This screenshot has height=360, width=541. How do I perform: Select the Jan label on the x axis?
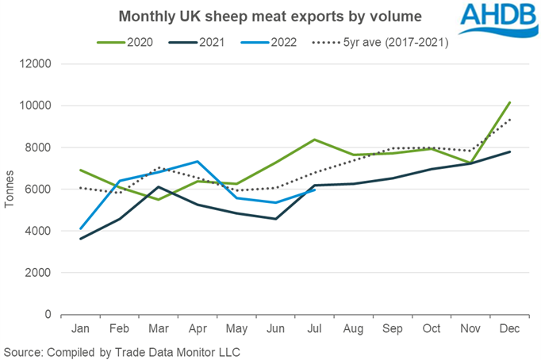click(80, 327)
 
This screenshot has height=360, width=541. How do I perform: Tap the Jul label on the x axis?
click(316, 327)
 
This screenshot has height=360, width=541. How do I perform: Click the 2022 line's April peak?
click(198, 162)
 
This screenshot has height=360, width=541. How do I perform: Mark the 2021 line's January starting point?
click(80, 239)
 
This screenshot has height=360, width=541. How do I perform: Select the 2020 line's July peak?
click(316, 140)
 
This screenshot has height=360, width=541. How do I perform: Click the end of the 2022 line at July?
click(316, 190)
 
